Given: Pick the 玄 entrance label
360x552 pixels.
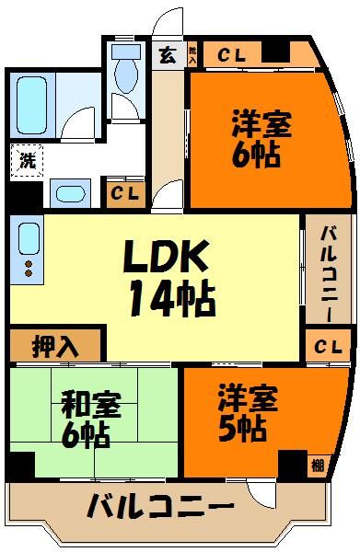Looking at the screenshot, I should [x=168, y=54].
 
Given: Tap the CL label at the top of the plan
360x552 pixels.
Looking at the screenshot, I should [x=230, y=54].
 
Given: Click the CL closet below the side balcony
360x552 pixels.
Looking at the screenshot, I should [x=327, y=347].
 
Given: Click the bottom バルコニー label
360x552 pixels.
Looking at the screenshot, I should [x=161, y=505].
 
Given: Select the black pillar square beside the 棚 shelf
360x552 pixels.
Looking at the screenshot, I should [x=292, y=464].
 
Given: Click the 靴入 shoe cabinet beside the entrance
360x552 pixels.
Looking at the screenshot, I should [x=192, y=54].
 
